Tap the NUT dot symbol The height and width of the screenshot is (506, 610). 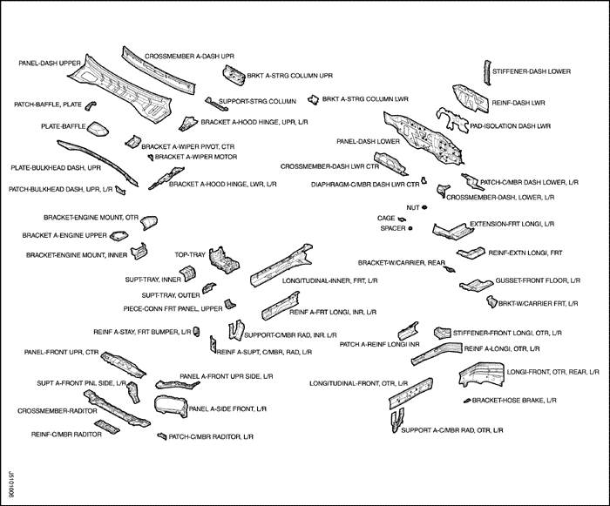click(424, 207)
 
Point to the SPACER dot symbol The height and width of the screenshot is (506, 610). click(410, 227)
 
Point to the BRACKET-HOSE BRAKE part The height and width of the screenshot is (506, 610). click(469, 401)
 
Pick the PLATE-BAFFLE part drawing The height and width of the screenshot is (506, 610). click(98, 132)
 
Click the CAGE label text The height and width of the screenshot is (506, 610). click(386, 218)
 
